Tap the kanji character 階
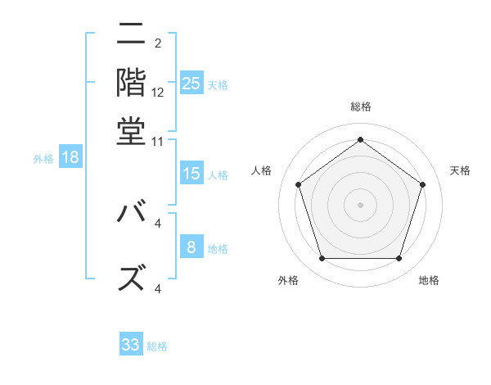point(132,83)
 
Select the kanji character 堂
point(132,131)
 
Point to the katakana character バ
point(132,214)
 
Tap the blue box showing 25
point(191,83)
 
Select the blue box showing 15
point(191,174)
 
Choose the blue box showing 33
point(131,345)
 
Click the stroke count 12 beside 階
point(158,93)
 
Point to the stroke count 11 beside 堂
point(158,141)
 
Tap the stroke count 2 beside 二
point(158,43)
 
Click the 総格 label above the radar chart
point(360,106)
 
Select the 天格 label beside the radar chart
point(461,170)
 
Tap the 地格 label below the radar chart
point(429,280)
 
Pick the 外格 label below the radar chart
point(288,280)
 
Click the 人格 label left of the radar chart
point(262,170)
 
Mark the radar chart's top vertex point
point(360,139)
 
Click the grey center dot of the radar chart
point(360,204)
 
